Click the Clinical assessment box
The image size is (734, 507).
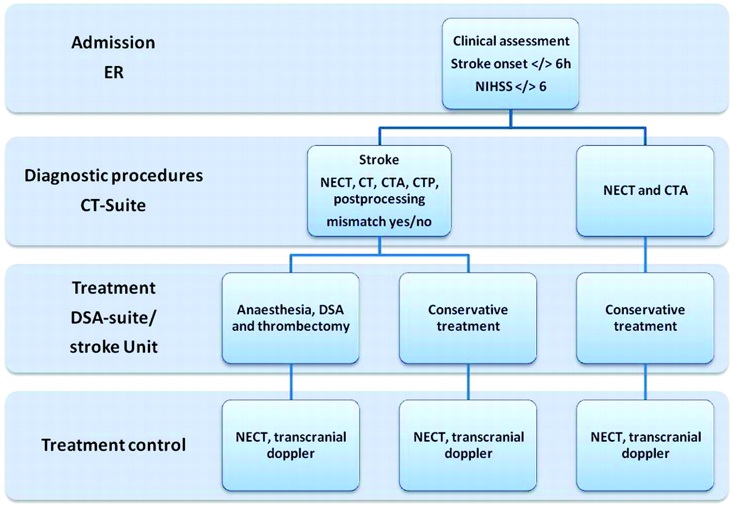[x=510, y=64]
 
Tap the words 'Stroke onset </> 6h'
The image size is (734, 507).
[x=510, y=64]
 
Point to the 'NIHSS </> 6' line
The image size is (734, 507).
[x=510, y=87]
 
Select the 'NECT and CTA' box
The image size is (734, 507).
[x=645, y=191]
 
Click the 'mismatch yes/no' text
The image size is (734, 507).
[x=379, y=222]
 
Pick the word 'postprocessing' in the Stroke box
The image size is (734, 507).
[x=379, y=200]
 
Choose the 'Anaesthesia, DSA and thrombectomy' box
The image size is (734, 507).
[x=290, y=318]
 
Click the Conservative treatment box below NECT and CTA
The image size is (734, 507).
[x=645, y=318]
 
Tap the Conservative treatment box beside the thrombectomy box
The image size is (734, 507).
[x=468, y=318]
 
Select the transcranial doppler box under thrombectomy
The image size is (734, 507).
[x=290, y=445]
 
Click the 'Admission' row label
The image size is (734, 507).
[x=114, y=42]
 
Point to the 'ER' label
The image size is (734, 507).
[x=114, y=72]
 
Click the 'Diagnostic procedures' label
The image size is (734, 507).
[x=114, y=176]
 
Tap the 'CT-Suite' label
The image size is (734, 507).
[x=114, y=205]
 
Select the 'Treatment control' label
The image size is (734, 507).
[x=114, y=445]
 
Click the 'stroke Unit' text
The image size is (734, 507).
[x=114, y=347]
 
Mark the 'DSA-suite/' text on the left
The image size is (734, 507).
[x=114, y=318]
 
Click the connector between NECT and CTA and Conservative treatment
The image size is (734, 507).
[x=645, y=255]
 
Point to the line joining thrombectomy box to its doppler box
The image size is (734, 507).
[x=291, y=382]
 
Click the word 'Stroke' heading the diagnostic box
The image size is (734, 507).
[x=379, y=160]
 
